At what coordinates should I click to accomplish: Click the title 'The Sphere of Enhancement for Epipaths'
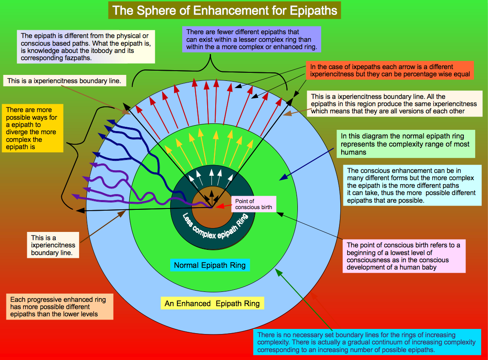coord(224,10)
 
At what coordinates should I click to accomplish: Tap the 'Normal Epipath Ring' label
coord(210,265)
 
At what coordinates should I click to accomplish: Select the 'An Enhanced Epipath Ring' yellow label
coord(212,303)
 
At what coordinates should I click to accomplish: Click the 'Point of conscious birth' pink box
coord(253,204)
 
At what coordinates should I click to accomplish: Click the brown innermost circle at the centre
coord(211,207)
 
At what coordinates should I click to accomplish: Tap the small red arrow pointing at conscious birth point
coord(223,206)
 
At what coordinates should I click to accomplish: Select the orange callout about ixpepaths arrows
coord(390,70)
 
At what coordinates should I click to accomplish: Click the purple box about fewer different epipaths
coord(251,40)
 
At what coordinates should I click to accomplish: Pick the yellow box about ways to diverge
coord(33,128)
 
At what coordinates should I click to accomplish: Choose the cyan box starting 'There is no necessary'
coord(367,342)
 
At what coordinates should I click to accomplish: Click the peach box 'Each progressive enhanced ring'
coord(60,307)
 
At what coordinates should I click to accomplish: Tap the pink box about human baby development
coord(404,256)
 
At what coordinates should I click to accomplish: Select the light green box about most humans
coord(406,144)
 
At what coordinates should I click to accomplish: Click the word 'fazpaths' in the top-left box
coord(78,58)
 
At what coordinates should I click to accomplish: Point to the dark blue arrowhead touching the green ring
coord(283,177)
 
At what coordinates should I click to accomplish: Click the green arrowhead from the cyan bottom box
coord(279,273)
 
